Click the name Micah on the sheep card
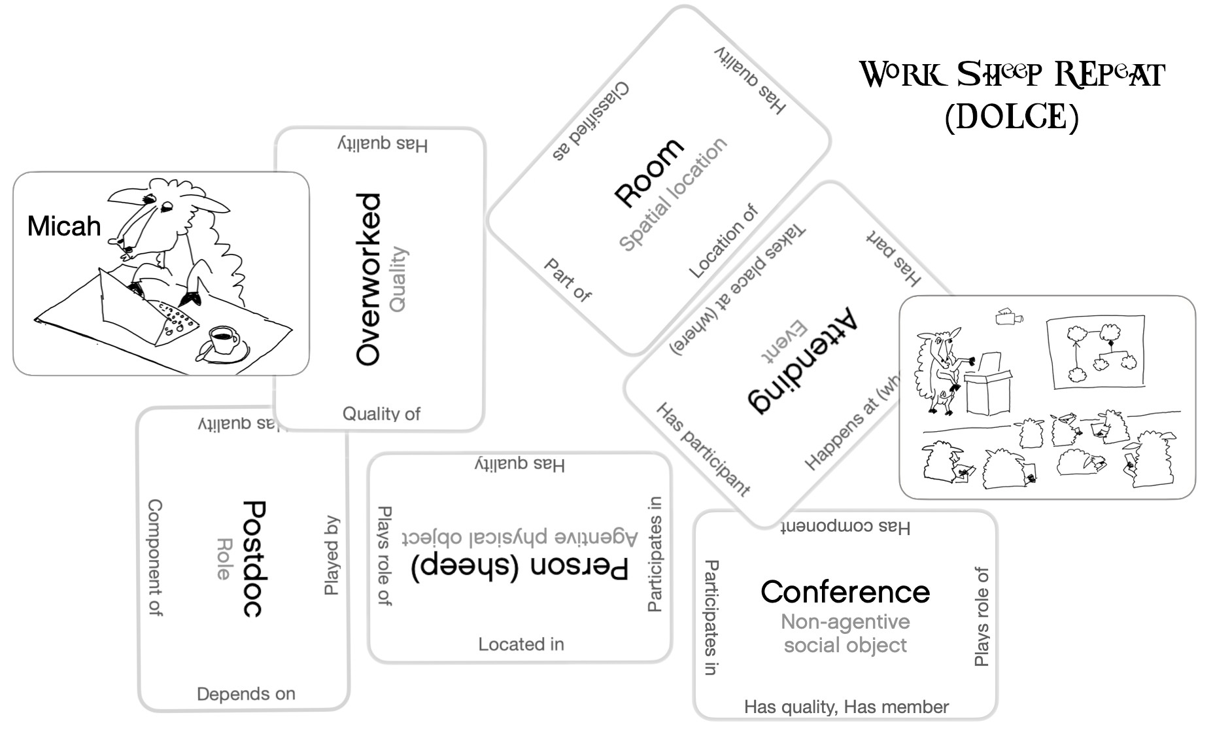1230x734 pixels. (64, 226)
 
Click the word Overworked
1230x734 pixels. (368, 279)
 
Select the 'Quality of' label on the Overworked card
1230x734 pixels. (381, 413)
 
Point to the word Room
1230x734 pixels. (649, 173)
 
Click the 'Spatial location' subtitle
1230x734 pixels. (673, 194)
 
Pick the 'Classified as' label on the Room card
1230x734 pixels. (590, 121)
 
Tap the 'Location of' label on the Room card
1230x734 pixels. (723, 241)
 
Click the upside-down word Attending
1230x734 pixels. (804, 359)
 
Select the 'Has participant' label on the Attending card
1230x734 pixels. (703, 449)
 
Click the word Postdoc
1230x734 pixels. (253, 559)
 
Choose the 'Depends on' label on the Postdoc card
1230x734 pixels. (246, 693)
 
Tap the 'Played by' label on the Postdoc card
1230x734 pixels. (332, 556)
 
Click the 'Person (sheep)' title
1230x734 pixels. (520, 567)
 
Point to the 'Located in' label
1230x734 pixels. (521, 644)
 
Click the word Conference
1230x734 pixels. (845, 592)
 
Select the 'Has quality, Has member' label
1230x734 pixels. (846, 707)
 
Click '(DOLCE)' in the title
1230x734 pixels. (1012, 117)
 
